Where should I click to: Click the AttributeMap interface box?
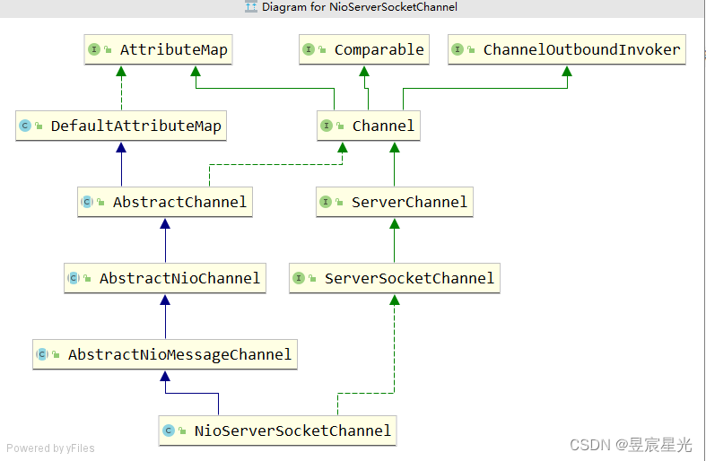158,50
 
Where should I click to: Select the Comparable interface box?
362,50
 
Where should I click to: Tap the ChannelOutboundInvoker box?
567,50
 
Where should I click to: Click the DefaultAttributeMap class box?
121,126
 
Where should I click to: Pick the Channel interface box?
368,126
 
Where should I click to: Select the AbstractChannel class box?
164,203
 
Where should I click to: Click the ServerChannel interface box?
394,203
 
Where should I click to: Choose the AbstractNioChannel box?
165,279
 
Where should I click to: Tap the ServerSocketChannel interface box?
394,279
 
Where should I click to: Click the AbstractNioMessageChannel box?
164,355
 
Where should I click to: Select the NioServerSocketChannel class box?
277,431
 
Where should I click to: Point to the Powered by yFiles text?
50,448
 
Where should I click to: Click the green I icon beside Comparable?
309,50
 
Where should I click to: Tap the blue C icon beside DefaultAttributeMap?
26,126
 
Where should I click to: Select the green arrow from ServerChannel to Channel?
394,165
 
